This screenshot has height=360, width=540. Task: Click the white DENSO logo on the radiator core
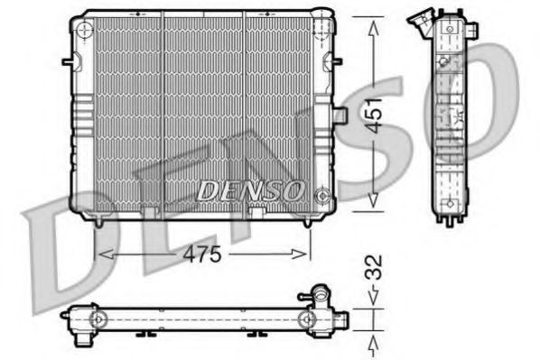(x=249, y=190)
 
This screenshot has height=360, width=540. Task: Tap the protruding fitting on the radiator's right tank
(x=340, y=116)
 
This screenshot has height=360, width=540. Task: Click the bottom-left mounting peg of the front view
(x=97, y=220)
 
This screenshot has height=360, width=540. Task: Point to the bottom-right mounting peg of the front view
(x=310, y=220)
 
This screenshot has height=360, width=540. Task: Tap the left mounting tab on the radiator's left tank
(x=67, y=62)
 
